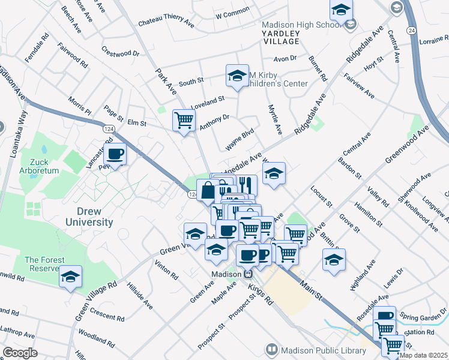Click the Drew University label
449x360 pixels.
[86, 217]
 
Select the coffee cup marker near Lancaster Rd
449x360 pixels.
[115, 154]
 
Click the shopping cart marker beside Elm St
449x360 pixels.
[184, 120]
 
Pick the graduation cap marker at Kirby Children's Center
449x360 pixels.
[237, 76]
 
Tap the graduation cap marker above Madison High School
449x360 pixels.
[341, 10]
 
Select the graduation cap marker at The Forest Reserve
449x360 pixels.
[71, 277]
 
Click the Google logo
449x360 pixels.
[20, 353]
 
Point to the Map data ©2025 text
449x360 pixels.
[423, 355]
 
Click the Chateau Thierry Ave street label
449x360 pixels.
[166, 23]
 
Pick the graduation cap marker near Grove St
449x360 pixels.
[334, 260]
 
